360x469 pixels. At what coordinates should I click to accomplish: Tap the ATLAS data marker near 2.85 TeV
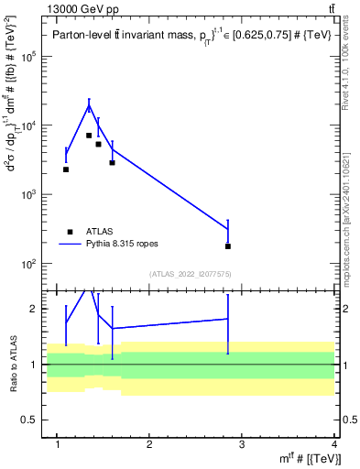click(227, 246)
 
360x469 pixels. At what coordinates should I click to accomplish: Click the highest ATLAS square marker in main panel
click(89, 136)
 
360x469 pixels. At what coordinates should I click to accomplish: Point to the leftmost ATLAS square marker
click(66, 169)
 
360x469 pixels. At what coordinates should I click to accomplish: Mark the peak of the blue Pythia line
click(89, 105)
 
